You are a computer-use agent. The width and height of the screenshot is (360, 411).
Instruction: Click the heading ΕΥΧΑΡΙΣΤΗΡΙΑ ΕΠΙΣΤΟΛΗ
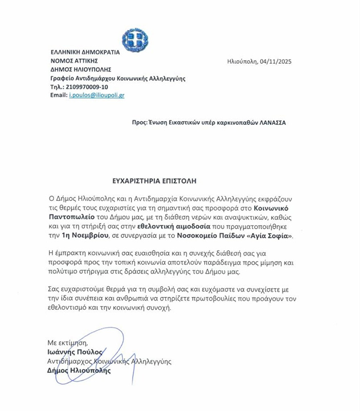tap(154, 181)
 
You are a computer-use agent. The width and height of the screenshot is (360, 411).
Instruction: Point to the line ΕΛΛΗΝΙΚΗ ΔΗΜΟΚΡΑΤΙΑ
tap(85, 52)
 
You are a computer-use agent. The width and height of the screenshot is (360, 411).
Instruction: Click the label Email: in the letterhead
tap(59, 95)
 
